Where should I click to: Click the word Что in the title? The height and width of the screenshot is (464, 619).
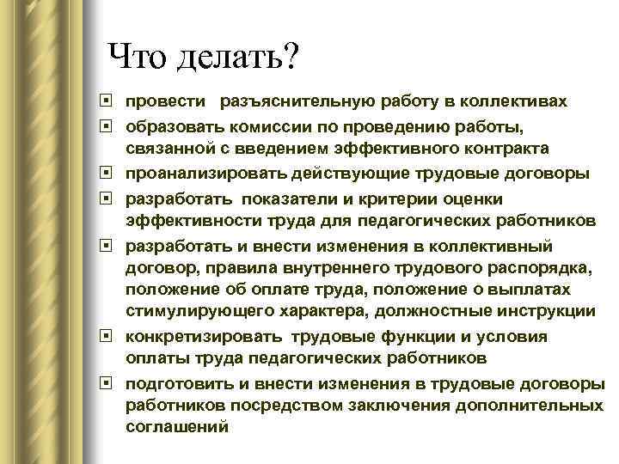138,59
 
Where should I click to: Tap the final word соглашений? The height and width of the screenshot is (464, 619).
177,427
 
